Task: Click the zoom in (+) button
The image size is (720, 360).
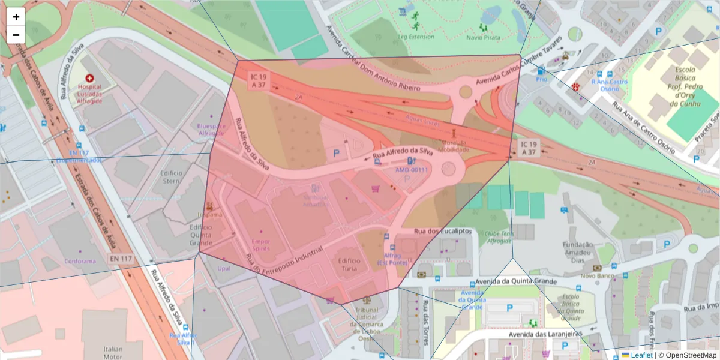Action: click(x=16, y=17)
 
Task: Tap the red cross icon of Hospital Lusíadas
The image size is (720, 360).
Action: click(x=90, y=78)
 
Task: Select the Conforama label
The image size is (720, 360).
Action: click(x=80, y=261)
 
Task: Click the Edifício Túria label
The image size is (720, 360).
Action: click(x=349, y=265)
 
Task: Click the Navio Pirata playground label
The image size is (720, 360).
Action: click(x=483, y=37)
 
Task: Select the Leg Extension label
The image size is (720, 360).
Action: click(x=416, y=37)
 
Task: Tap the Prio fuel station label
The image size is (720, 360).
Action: click(x=541, y=79)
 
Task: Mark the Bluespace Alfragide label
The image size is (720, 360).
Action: click(x=211, y=130)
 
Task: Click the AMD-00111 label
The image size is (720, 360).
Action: click(x=412, y=170)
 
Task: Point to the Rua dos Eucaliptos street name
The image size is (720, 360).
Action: click(x=443, y=231)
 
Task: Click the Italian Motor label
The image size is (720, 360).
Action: click(x=112, y=353)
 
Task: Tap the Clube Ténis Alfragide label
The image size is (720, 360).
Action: click(x=499, y=237)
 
